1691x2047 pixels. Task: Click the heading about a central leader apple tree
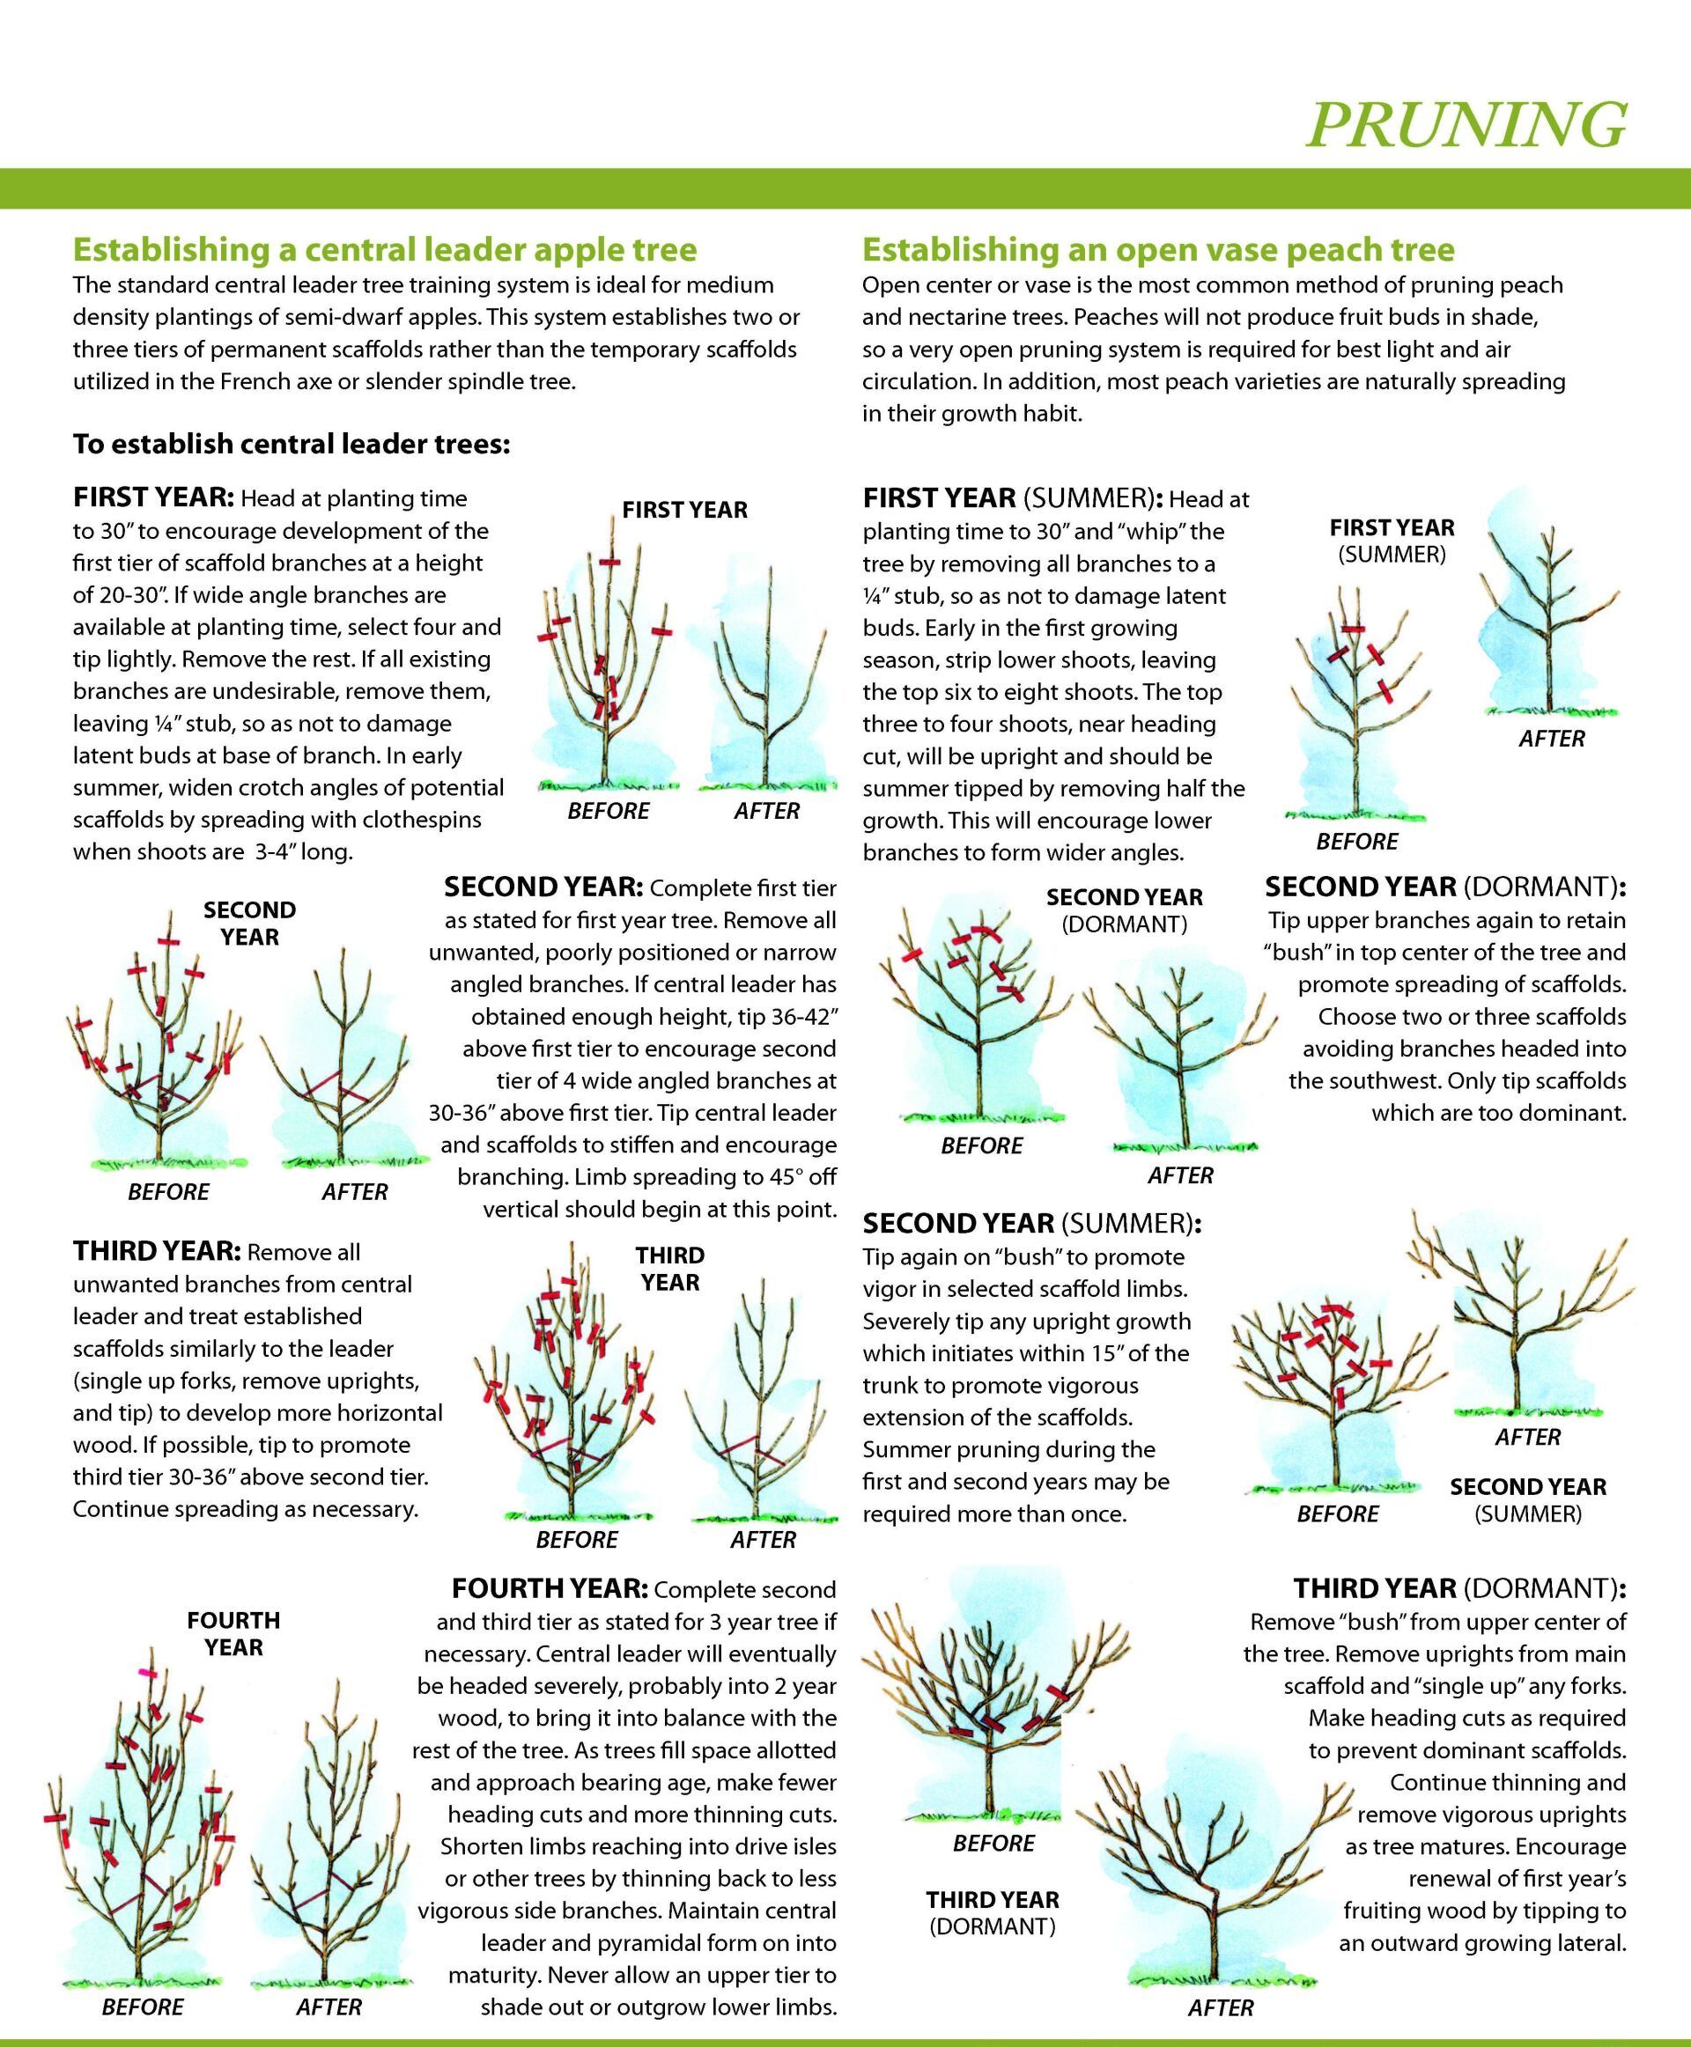point(385,249)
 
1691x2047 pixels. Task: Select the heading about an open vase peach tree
point(1158,249)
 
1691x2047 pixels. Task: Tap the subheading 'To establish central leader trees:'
point(292,444)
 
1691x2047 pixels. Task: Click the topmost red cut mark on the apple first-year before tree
point(609,562)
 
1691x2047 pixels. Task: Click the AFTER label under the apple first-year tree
point(766,811)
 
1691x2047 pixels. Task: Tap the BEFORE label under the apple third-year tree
point(577,1540)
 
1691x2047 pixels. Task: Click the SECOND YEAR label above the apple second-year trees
point(249,924)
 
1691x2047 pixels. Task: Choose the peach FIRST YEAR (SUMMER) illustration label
point(1392,541)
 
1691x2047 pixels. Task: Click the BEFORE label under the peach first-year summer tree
point(1357,842)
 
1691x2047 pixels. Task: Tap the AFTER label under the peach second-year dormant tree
point(1180,1175)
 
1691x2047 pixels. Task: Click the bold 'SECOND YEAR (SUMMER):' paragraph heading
point(1031,1223)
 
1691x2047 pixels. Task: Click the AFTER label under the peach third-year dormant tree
point(1221,2008)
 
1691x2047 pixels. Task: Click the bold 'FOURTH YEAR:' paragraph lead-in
point(550,1589)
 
